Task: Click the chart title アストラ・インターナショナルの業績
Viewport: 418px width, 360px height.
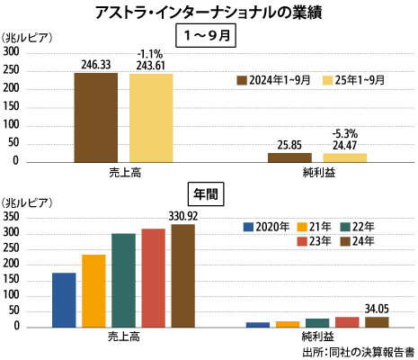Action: coord(209,13)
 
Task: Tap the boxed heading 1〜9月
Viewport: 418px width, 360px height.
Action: coord(208,36)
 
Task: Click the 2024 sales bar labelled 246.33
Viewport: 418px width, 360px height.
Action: coord(95,117)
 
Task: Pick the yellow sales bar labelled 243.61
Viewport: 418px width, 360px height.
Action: coord(150,117)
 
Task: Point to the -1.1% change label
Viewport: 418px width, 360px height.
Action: coord(150,54)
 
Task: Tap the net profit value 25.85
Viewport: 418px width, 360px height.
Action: coord(289,144)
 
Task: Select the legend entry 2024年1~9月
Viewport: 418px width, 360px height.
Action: coord(273,80)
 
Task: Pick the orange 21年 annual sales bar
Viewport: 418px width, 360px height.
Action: coord(93,290)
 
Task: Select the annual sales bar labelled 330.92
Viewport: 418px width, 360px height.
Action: coord(182,274)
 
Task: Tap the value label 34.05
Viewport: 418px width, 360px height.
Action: coord(377,308)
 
